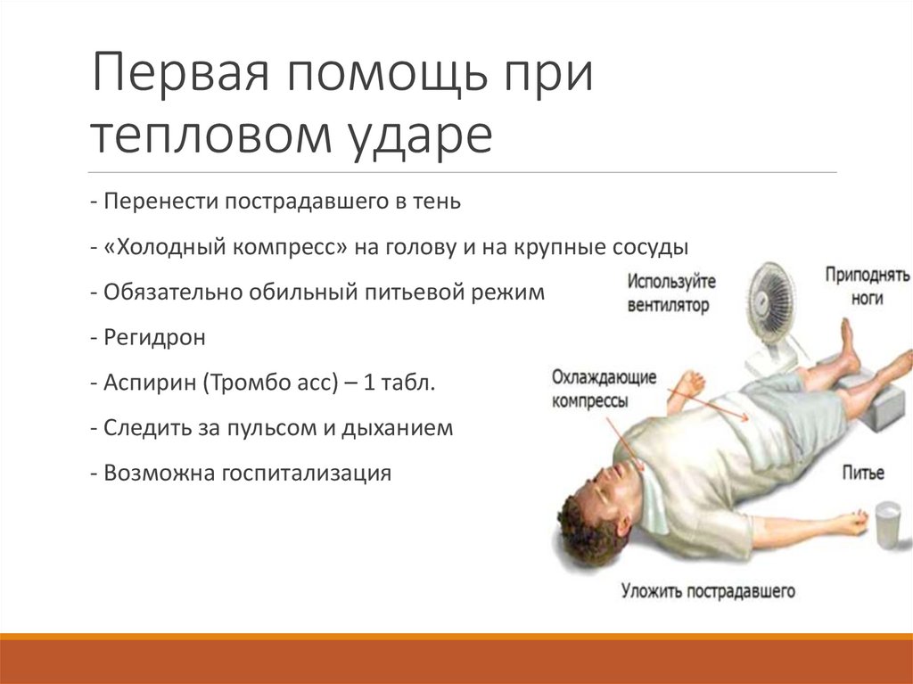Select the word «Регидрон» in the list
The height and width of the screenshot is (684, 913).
point(154,338)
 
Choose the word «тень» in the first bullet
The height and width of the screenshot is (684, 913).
point(436,201)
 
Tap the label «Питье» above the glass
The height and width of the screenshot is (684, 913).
point(863,473)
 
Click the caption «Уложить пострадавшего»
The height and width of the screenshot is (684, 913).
point(709,590)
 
